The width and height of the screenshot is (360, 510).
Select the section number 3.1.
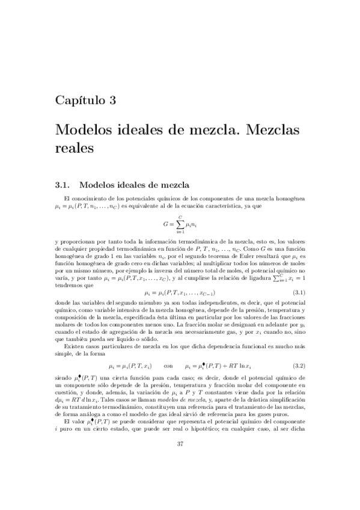[x=63, y=184]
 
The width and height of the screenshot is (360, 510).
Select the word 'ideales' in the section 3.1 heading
[x=126, y=184]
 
